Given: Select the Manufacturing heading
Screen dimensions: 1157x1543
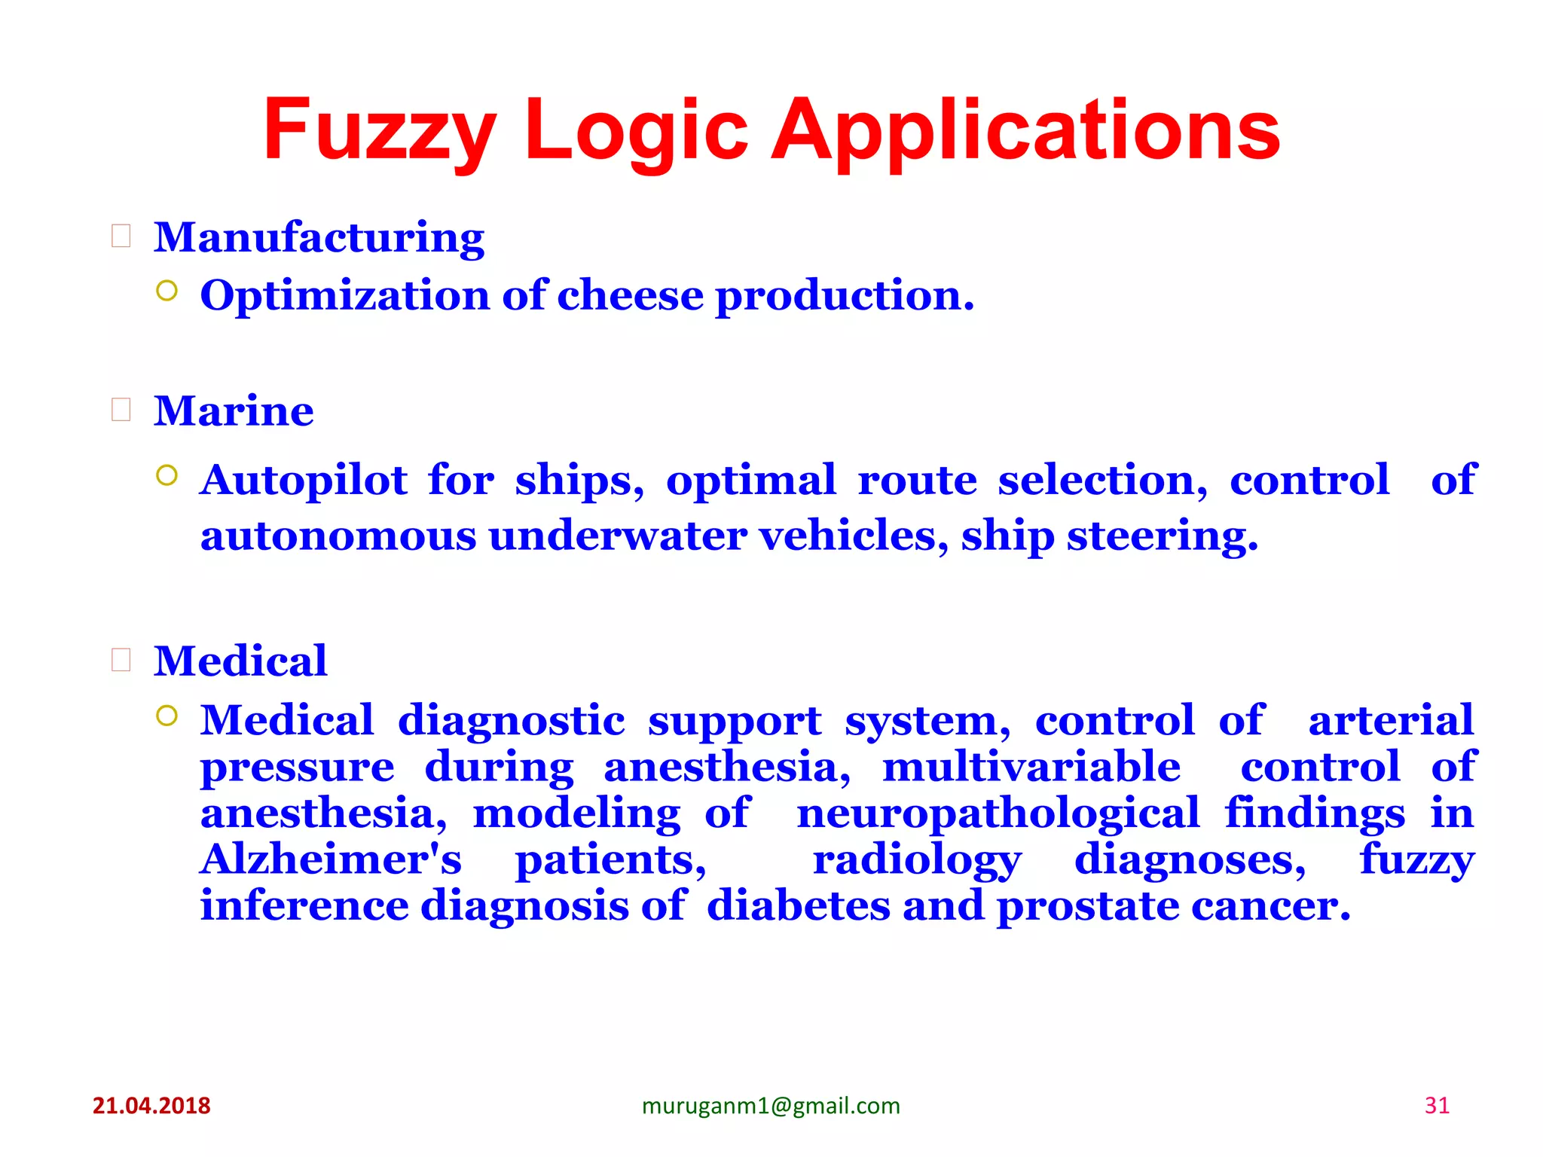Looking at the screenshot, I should (319, 238).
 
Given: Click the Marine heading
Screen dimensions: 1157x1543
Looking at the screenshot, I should (234, 411).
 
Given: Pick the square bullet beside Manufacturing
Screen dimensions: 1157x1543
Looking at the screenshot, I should (121, 237).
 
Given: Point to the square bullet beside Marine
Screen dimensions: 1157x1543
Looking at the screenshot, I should (121, 410).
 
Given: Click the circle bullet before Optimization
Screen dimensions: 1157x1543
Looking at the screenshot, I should (167, 291).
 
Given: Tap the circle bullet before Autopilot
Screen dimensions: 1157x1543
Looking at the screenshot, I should (167, 475).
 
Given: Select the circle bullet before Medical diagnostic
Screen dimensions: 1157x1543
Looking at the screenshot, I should (167, 716).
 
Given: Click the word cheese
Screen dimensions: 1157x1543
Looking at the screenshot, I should (630, 295).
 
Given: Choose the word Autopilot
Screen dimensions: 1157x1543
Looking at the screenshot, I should (304, 481).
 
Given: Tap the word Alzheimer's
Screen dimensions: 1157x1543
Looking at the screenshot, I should (331, 859).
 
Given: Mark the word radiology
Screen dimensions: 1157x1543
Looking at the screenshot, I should (917, 860).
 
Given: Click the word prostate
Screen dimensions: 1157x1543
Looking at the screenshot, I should (1088, 906).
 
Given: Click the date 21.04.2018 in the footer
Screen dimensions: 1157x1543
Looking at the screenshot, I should (151, 1106).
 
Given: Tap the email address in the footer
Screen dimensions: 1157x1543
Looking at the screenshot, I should (771, 1106).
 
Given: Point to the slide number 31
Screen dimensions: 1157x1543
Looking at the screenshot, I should (1437, 1106).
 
